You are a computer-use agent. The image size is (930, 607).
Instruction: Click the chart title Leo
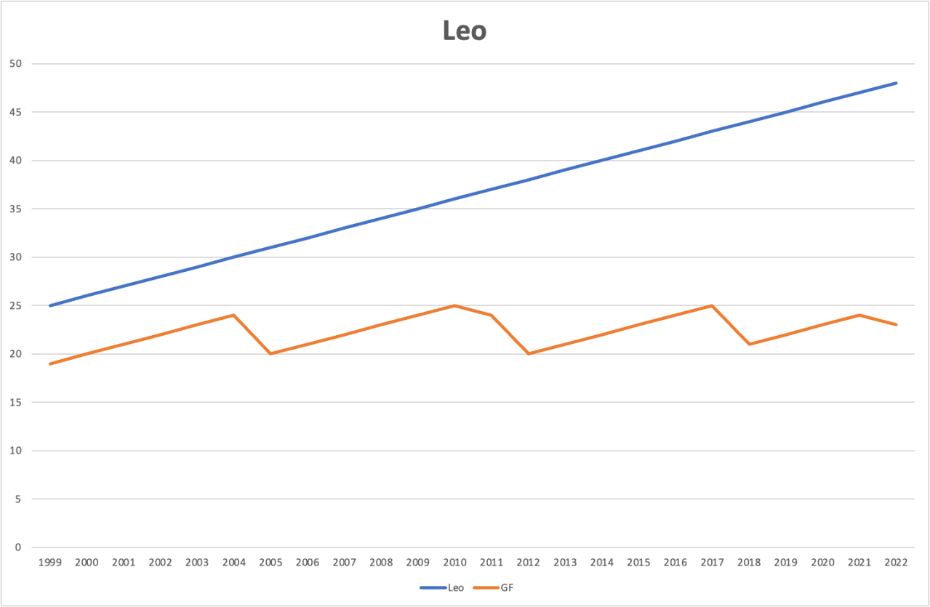click(x=465, y=31)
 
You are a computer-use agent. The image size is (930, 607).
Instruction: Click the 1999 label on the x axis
click(x=50, y=562)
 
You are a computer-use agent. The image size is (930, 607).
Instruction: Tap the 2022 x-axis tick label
click(x=897, y=562)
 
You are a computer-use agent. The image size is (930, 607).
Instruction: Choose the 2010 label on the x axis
click(x=454, y=562)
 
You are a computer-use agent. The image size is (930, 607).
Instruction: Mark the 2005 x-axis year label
click(x=270, y=562)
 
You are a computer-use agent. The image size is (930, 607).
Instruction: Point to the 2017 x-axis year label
click(x=712, y=562)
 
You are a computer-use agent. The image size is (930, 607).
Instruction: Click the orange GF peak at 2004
click(x=233, y=315)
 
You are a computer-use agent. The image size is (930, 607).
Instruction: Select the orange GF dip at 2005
click(x=270, y=353)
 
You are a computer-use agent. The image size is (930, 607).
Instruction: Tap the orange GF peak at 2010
click(x=454, y=305)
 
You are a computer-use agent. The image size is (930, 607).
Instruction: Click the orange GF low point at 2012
click(x=528, y=353)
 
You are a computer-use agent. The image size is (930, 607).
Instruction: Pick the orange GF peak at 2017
click(x=712, y=305)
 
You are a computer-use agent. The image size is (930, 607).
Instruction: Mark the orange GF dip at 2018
click(x=749, y=344)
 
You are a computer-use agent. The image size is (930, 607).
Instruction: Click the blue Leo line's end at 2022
click(x=896, y=83)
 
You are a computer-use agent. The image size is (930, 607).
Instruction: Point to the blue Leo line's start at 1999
click(x=50, y=305)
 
